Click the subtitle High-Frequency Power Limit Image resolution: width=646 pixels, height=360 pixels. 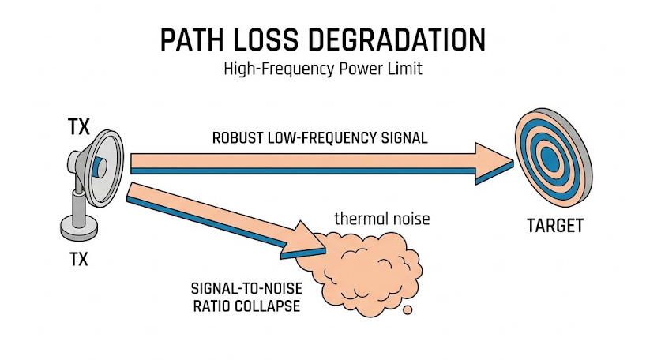[323, 69]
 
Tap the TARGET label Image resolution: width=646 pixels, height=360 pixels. [554, 227]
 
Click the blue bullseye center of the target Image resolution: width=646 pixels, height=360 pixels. [550, 159]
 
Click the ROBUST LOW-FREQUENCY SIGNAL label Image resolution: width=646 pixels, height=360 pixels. [320, 137]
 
